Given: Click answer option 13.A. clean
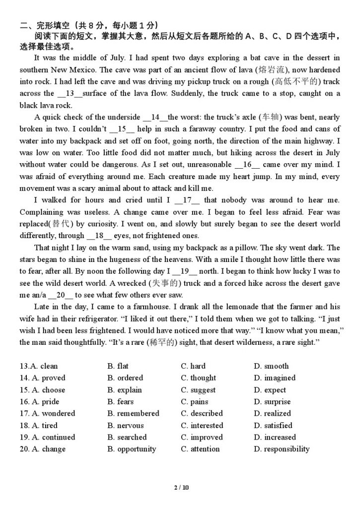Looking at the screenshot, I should pos(39,366).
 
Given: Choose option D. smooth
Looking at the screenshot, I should pos(271,366).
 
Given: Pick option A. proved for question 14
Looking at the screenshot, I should pos(42,378).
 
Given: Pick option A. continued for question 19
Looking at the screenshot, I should pos(47,437).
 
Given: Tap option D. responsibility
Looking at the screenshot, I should pos(282,449).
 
